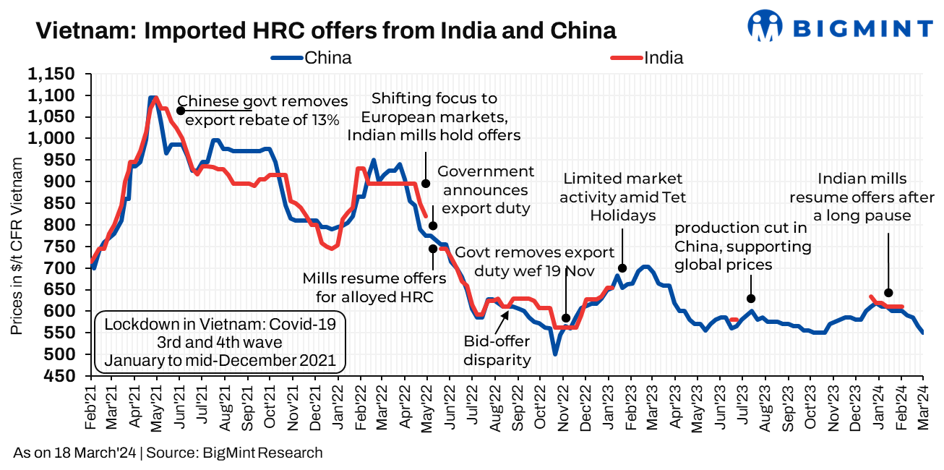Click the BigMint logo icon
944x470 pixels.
[x=765, y=27]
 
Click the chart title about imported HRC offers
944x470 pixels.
[x=325, y=31]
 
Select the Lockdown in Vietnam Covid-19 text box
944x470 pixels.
[x=220, y=341]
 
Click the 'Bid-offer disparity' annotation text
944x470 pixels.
[x=497, y=351]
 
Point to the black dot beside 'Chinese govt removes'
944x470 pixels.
[x=180, y=111]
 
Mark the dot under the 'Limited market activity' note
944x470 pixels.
[x=622, y=268]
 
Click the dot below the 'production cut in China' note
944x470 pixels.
[x=751, y=299]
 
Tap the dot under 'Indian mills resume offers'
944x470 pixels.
[x=888, y=293]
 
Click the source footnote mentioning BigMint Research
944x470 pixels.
[x=168, y=453]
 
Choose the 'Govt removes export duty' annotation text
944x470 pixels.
[x=534, y=262]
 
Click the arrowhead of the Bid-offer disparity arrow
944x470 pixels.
[x=507, y=309]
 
